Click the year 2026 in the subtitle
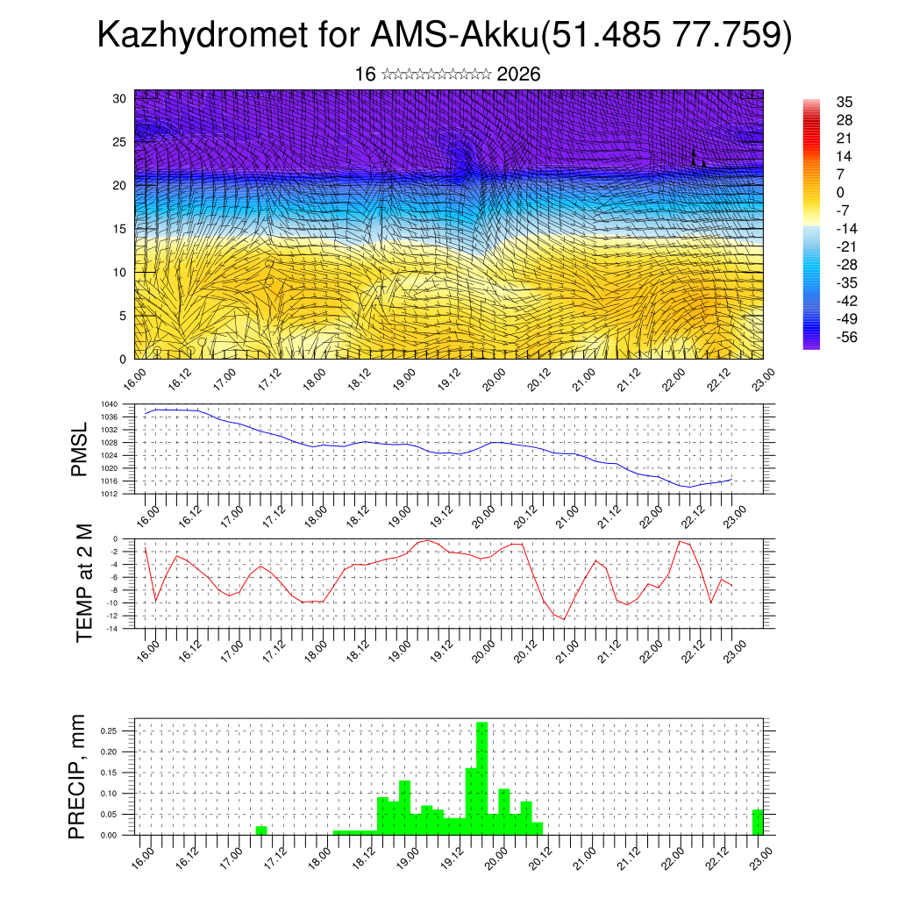tap(518, 75)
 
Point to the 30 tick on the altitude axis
tap(119, 98)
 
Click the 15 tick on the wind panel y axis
tap(119, 229)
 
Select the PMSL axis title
tap(80, 449)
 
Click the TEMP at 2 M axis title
tap(84, 583)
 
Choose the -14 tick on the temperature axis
tap(112, 629)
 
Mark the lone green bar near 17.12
tap(261, 830)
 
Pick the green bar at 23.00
tap(758, 823)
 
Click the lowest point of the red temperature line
tap(564, 619)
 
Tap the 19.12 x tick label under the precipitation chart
tap(449, 853)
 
